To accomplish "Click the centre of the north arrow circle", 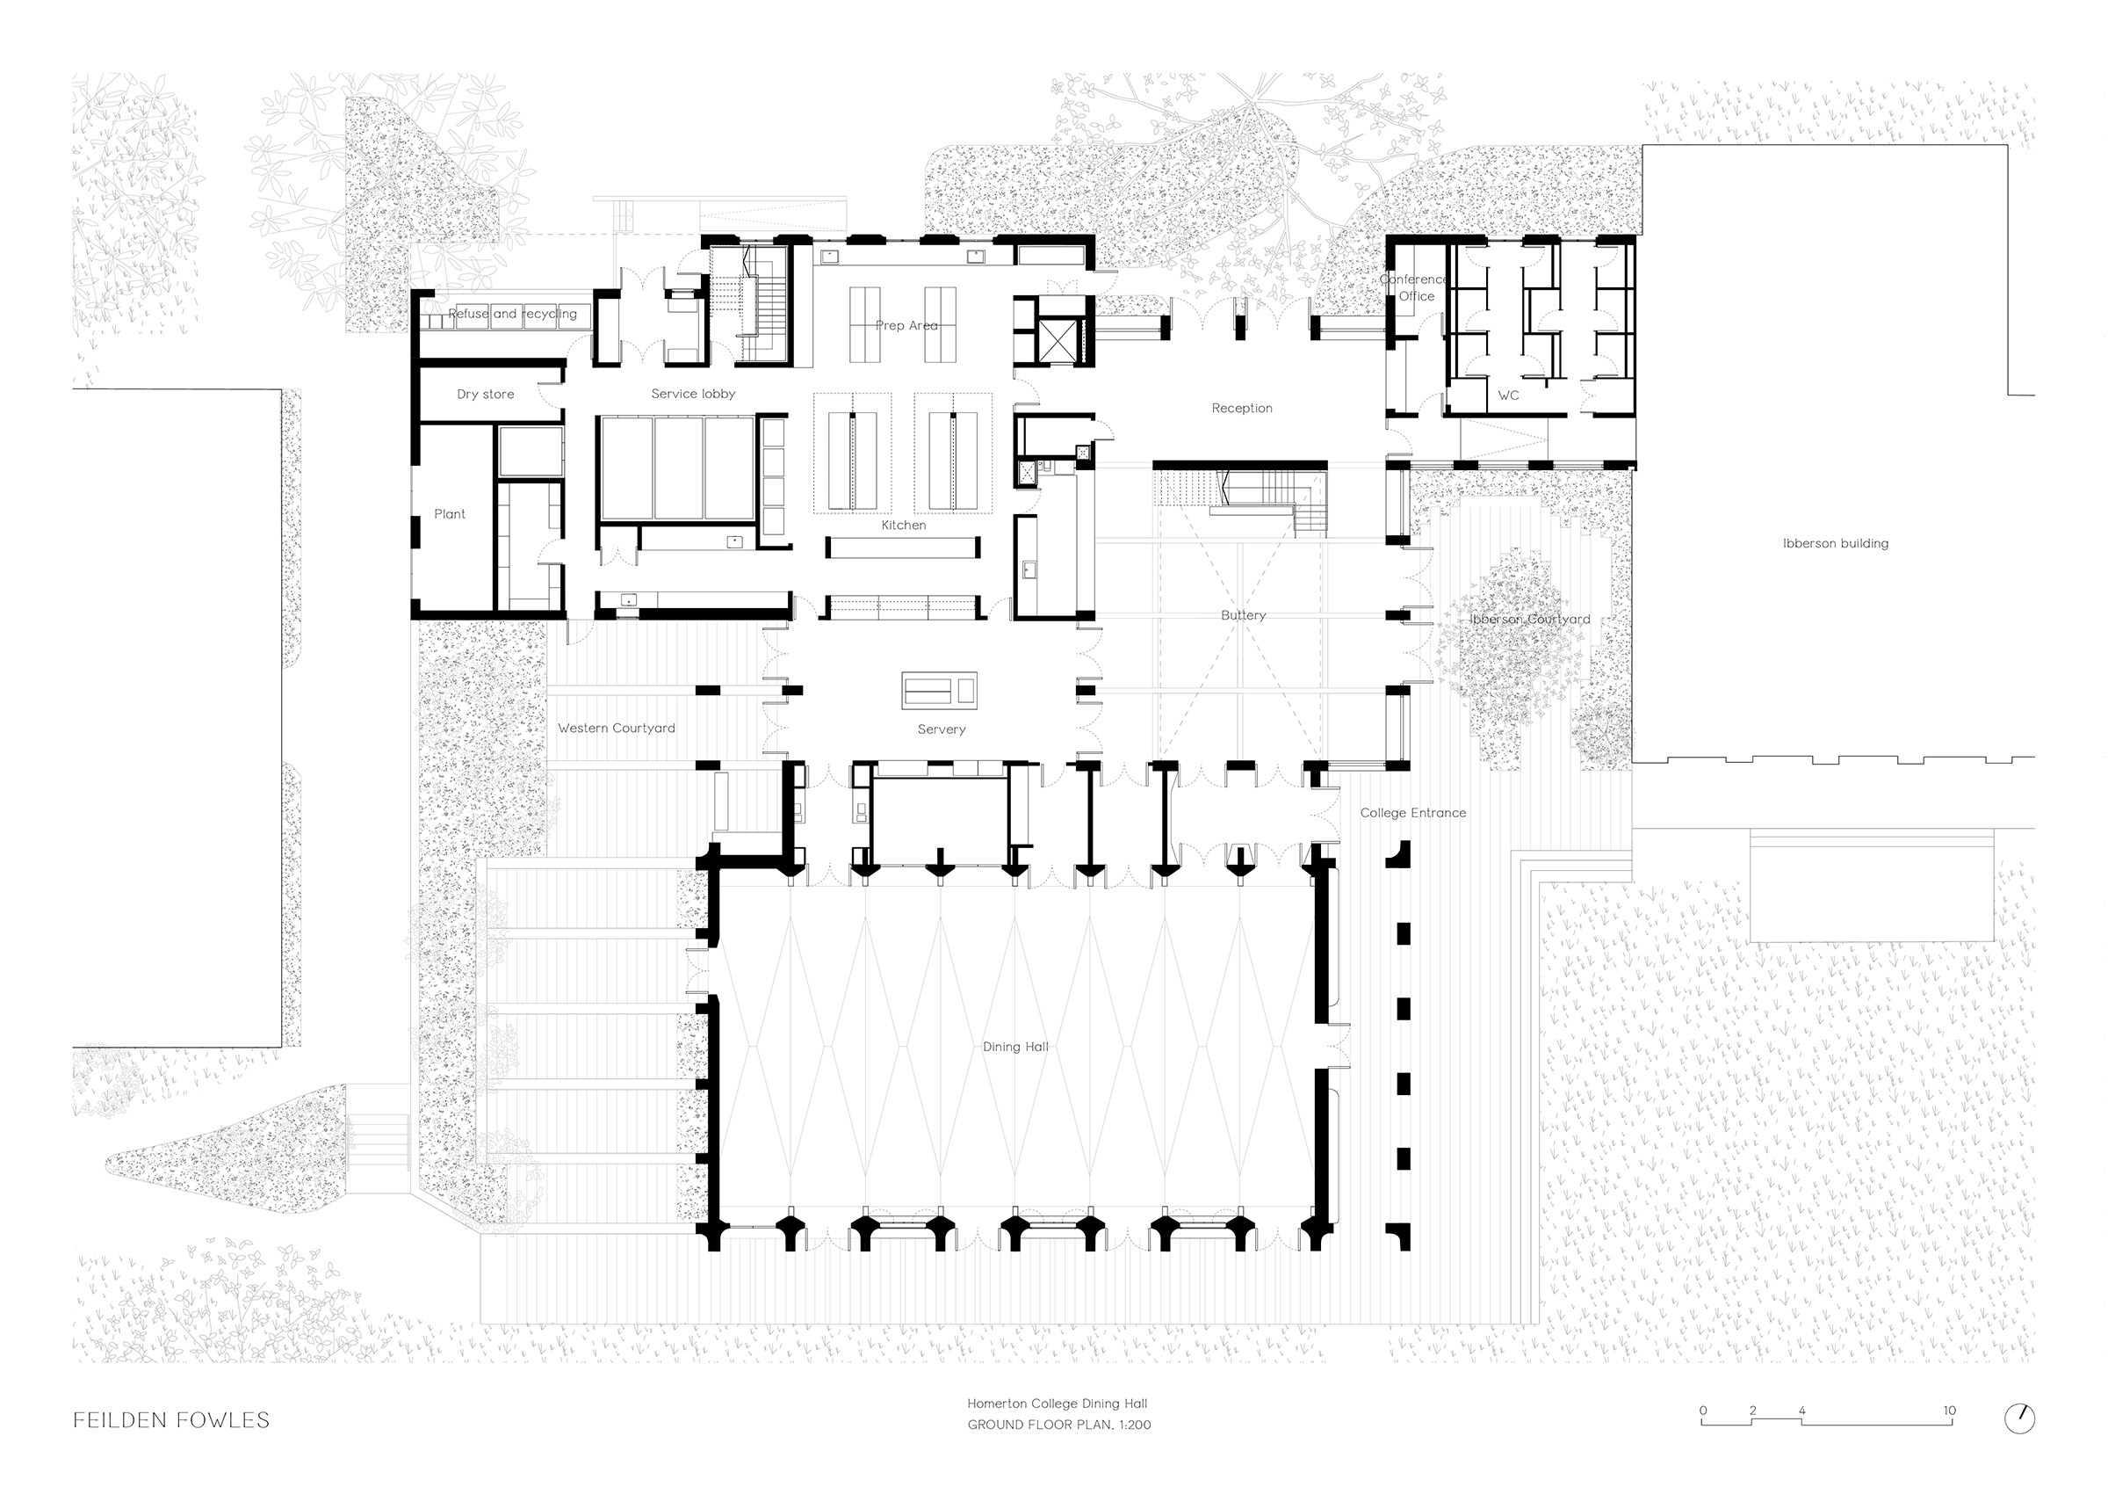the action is [x=2019, y=1418].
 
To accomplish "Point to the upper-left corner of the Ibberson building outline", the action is [x=1642, y=145].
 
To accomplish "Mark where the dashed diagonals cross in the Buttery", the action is [x=1242, y=616].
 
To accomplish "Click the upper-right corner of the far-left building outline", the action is [x=281, y=390].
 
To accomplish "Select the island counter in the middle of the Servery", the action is [x=939, y=690].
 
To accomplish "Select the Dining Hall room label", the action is [x=1015, y=1046].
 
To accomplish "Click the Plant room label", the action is [x=450, y=514].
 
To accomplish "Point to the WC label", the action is [x=1508, y=395].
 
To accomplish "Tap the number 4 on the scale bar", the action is [x=1802, y=1411].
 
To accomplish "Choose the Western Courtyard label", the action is [x=616, y=729].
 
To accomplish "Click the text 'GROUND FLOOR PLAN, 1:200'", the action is [x=1058, y=1425].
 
